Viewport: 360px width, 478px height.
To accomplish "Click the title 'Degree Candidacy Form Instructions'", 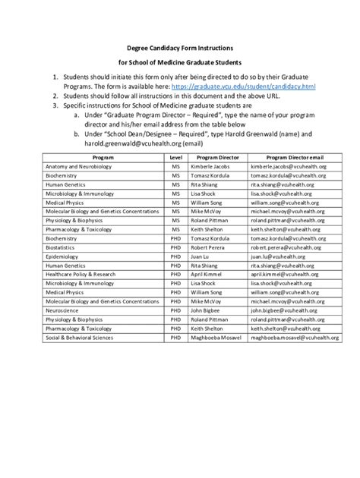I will [x=180, y=47].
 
